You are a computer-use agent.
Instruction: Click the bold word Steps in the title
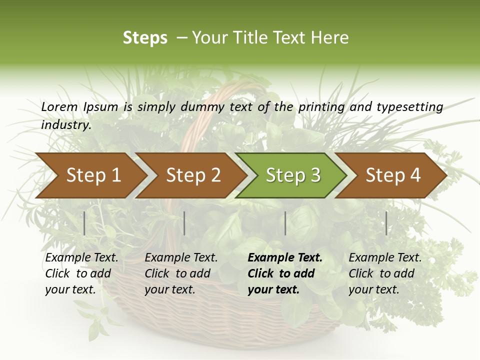(145, 38)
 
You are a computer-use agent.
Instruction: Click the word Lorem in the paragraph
(59, 106)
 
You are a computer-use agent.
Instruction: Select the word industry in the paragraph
(66, 125)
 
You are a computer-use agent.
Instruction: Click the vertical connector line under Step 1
(84, 223)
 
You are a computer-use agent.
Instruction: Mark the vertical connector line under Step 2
(184, 223)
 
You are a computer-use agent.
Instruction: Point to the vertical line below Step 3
(285, 223)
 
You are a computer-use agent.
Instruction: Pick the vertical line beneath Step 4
(386, 223)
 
